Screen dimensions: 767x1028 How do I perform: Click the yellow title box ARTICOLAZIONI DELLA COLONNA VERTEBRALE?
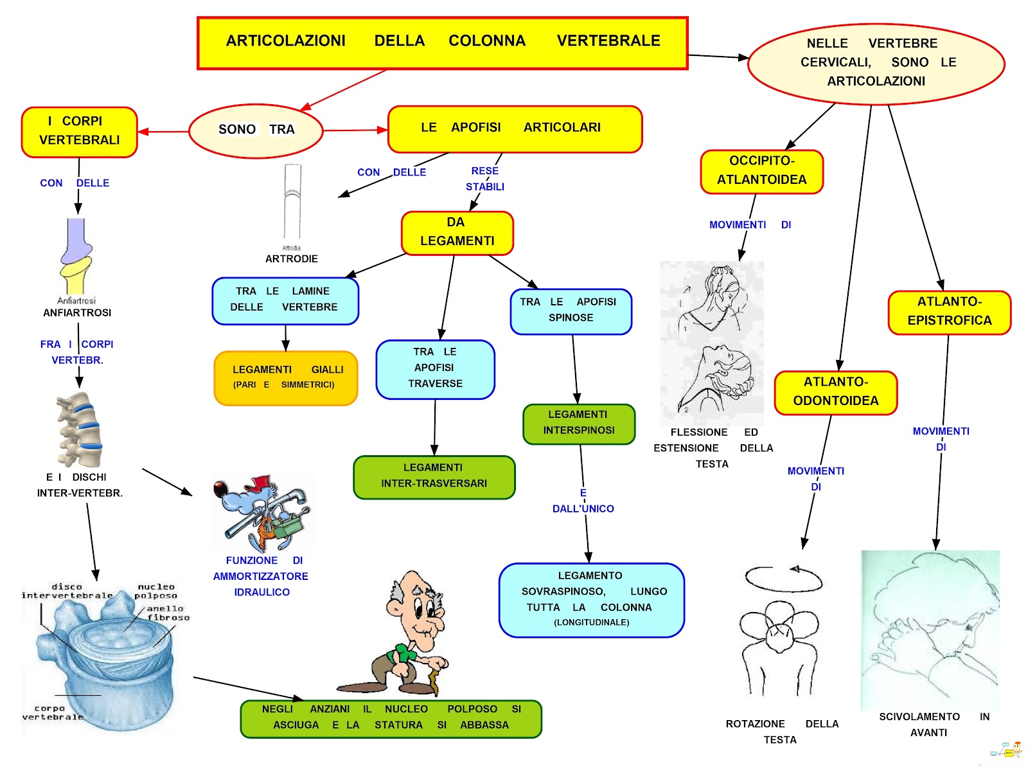click(442, 42)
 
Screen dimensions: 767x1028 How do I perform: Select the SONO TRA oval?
click(256, 131)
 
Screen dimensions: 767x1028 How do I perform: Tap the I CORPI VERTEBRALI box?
click(80, 132)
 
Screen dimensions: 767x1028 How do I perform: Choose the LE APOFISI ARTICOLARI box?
click(515, 129)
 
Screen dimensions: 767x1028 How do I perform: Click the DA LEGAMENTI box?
click(457, 233)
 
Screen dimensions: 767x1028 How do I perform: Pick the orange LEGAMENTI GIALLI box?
click(285, 378)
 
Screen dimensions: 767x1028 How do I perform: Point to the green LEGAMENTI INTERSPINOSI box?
click(578, 424)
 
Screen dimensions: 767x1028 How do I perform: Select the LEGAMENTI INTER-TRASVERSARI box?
click(434, 477)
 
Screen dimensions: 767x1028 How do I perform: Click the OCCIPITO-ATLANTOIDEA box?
click(761, 172)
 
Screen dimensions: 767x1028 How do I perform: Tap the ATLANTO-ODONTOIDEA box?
click(835, 392)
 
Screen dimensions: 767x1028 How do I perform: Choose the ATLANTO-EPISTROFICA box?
click(949, 312)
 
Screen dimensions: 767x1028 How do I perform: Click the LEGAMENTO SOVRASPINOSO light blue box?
click(591, 600)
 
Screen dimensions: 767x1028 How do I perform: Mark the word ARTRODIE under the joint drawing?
click(292, 259)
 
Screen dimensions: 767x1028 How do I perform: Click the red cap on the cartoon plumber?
click(261, 483)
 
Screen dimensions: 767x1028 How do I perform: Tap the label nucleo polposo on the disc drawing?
click(156, 591)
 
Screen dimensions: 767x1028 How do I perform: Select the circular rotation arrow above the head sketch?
click(783, 578)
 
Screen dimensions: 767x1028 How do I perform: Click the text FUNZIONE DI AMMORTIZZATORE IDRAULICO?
click(261, 576)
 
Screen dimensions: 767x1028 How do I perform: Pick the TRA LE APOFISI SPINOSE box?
click(571, 311)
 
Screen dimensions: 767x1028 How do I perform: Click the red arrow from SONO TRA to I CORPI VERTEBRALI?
click(163, 132)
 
